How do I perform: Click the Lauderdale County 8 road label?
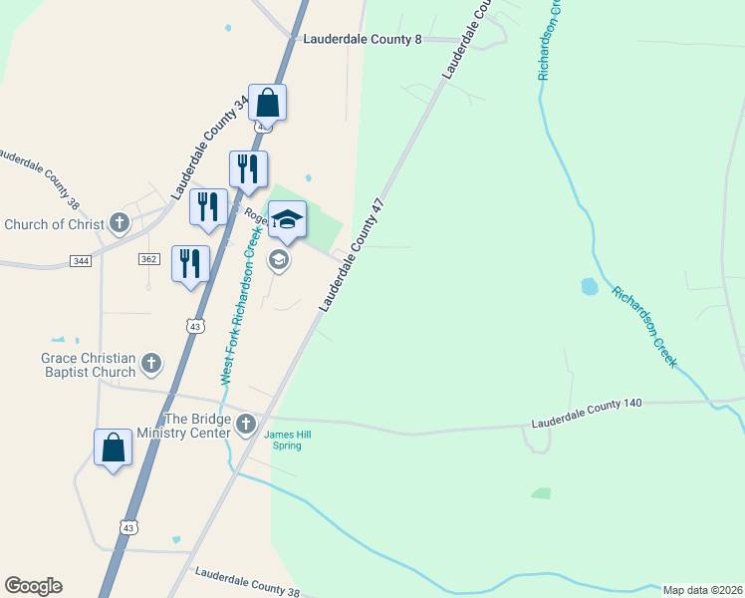363,39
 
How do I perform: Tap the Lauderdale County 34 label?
210,144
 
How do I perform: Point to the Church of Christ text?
54,224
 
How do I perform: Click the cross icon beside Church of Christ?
120,222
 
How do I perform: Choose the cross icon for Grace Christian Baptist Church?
151,363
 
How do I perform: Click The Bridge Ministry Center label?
196,426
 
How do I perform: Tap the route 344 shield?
82,260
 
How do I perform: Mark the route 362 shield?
149,258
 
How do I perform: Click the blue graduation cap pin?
287,219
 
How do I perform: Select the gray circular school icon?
279,260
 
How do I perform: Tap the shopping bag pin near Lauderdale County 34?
267,102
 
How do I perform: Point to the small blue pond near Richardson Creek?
589,287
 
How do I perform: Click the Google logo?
33,586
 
